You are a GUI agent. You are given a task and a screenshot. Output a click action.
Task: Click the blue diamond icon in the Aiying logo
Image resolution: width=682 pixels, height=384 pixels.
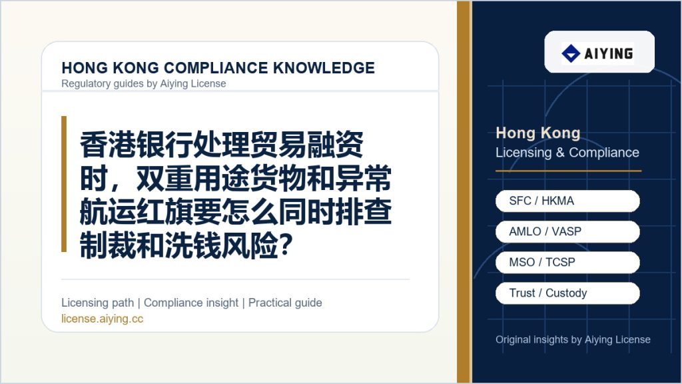(571, 53)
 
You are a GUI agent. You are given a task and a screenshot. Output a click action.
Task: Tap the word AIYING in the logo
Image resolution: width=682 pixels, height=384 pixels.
(609, 53)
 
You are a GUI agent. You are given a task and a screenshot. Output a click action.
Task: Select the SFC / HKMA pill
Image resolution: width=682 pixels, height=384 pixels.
(567, 201)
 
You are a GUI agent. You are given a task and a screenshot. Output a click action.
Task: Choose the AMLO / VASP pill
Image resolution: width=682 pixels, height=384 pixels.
(567, 231)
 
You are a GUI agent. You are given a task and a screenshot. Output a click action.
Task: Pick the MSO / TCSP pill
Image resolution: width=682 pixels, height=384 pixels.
(567, 262)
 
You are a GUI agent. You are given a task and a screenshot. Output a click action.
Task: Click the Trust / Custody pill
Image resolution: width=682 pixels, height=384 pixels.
(567, 293)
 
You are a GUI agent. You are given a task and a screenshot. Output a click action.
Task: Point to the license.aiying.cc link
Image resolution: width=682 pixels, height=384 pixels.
(102, 319)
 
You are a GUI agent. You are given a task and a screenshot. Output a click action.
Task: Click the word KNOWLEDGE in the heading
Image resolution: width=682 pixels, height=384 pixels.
(324, 68)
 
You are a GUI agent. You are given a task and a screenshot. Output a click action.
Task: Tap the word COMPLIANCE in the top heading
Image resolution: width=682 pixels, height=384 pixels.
(216, 68)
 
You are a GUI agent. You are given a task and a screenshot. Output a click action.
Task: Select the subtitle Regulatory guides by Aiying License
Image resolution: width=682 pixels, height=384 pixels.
(144, 83)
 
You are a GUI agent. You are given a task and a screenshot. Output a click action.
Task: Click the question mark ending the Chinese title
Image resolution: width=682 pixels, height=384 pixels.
(285, 245)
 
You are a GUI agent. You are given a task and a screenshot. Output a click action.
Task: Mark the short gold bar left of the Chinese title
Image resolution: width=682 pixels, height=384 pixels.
(64, 184)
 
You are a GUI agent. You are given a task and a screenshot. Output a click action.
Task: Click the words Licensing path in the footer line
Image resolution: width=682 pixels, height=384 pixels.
(98, 303)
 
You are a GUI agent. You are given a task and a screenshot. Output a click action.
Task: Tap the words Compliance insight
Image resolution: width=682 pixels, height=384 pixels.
(191, 303)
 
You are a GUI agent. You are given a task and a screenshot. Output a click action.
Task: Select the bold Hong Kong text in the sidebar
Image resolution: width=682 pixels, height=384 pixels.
(538, 133)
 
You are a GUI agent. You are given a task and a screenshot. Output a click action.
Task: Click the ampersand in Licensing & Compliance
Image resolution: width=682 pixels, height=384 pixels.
(560, 153)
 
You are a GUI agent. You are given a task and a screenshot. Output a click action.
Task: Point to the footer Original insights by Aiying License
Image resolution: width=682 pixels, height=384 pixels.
(573, 339)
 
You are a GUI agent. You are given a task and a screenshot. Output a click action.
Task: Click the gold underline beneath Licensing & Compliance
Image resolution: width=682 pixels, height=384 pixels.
(569, 171)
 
